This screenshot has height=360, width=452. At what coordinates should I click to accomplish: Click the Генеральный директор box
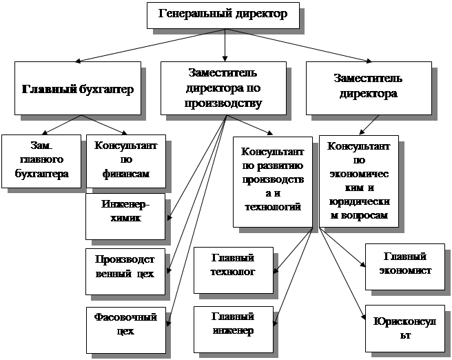(223, 14)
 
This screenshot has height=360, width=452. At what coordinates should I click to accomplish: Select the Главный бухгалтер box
(77, 88)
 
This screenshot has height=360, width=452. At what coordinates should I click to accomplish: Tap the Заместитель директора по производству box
(223, 88)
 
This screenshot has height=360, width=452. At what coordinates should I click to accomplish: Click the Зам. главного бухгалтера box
(42, 161)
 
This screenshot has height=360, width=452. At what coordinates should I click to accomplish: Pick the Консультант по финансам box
(126, 161)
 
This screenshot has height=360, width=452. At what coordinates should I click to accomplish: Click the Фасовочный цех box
(125, 323)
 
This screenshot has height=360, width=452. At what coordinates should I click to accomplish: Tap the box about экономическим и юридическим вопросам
(358, 181)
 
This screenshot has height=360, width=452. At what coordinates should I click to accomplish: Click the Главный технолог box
(234, 265)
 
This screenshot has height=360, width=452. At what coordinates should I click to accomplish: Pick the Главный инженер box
(234, 323)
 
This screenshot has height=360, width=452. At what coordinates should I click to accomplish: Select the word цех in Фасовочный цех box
(125, 331)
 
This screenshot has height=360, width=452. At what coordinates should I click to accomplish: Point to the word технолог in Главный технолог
(234, 272)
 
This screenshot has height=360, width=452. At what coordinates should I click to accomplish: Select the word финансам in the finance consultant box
(126, 174)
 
